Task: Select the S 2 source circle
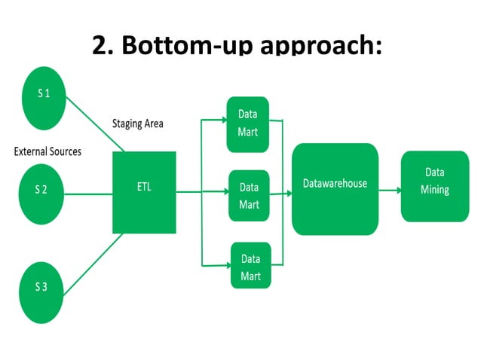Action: (x=43, y=189)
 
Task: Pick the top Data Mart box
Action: (x=249, y=124)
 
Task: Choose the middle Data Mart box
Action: (x=249, y=195)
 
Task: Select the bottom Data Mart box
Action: (x=251, y=267)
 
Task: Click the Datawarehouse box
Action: (x=335, y=188)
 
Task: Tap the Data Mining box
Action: (x=434, y=185)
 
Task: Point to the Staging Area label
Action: (x=138, y=124)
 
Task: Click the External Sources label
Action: (x=47, y=151)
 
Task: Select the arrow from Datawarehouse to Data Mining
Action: (x=388, y=191)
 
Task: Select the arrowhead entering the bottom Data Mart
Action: (x=226, y=264)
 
